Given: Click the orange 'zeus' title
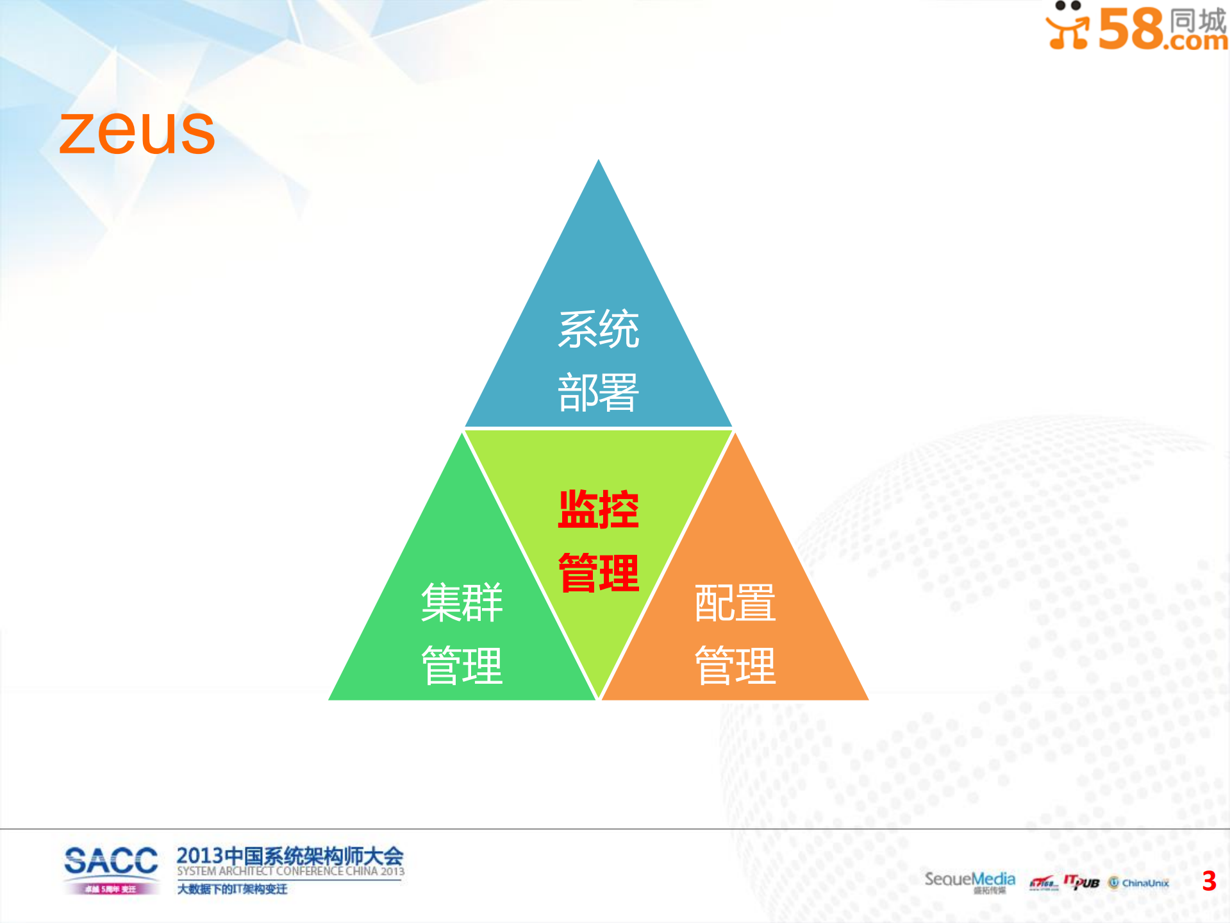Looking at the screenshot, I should pos(137,132).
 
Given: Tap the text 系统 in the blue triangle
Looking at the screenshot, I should pos(598,330).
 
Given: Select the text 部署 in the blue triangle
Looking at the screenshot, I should pos(598,393).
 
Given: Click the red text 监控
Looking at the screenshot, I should pos(598,510).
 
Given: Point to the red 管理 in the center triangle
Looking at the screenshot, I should pos(598,573).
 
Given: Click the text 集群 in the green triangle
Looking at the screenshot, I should pos(461,603).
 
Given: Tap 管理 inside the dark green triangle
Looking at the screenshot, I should pos(461,666).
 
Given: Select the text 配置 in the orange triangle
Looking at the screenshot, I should pos(735,603).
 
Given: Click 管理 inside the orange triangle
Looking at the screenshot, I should pos(735,666).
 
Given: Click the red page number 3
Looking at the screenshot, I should pos(1209,881).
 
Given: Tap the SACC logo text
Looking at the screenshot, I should pos(111,861).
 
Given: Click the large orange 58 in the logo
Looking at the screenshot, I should pos(1131,29).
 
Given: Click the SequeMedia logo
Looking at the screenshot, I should pos(969,879).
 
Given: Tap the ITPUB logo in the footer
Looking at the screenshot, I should pos(1081,882).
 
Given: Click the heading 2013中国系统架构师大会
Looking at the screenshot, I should pos(290,856).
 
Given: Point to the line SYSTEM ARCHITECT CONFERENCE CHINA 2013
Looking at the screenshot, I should pos(290,871).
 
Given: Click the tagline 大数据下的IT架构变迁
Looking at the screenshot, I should pos(232,889).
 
